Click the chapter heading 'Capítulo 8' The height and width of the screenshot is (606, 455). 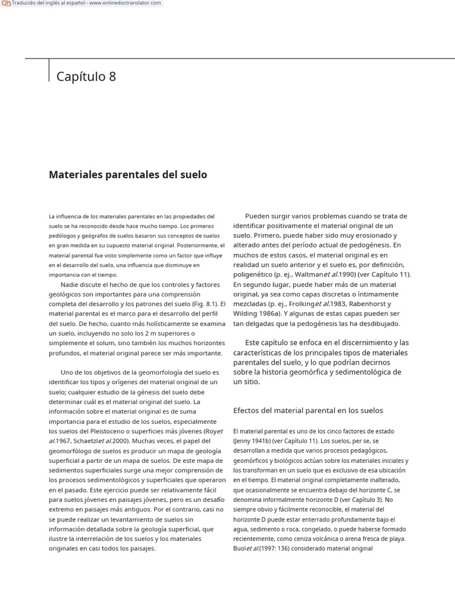[x=86, y=76]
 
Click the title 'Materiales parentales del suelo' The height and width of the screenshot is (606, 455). [x=128, y=175]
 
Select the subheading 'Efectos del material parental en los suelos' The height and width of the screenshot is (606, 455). [x=308, y=410]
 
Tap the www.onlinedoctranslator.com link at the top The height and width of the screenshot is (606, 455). [x=125, y=3]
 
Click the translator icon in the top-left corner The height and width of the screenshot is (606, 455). [x=6, y=4]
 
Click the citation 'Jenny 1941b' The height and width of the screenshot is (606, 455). [x=251, y=441]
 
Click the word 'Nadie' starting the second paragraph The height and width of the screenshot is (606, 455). [x=71, y=284]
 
